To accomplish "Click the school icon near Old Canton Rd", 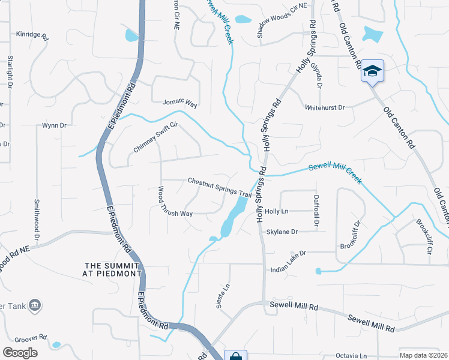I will [372, 71].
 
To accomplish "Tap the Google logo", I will [20, 353].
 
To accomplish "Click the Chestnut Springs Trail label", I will [219, 187].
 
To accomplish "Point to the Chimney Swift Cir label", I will [155, 137].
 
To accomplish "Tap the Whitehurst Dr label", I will [325, 107].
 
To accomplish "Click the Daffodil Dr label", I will [316, 211].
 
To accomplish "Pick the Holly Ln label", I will [277, 211].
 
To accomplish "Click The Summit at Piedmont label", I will [113, 269].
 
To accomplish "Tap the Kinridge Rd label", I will [32, 34].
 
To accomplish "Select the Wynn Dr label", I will [53, 125].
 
